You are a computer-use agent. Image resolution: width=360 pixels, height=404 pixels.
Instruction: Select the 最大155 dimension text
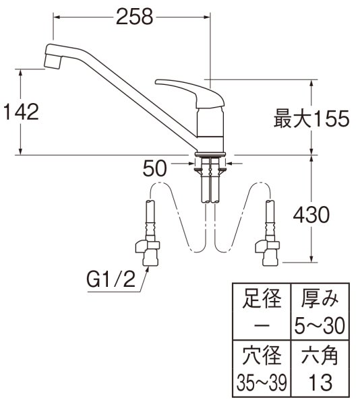point(311,119)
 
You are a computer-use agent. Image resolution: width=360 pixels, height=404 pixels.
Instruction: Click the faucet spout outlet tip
point(52,60)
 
